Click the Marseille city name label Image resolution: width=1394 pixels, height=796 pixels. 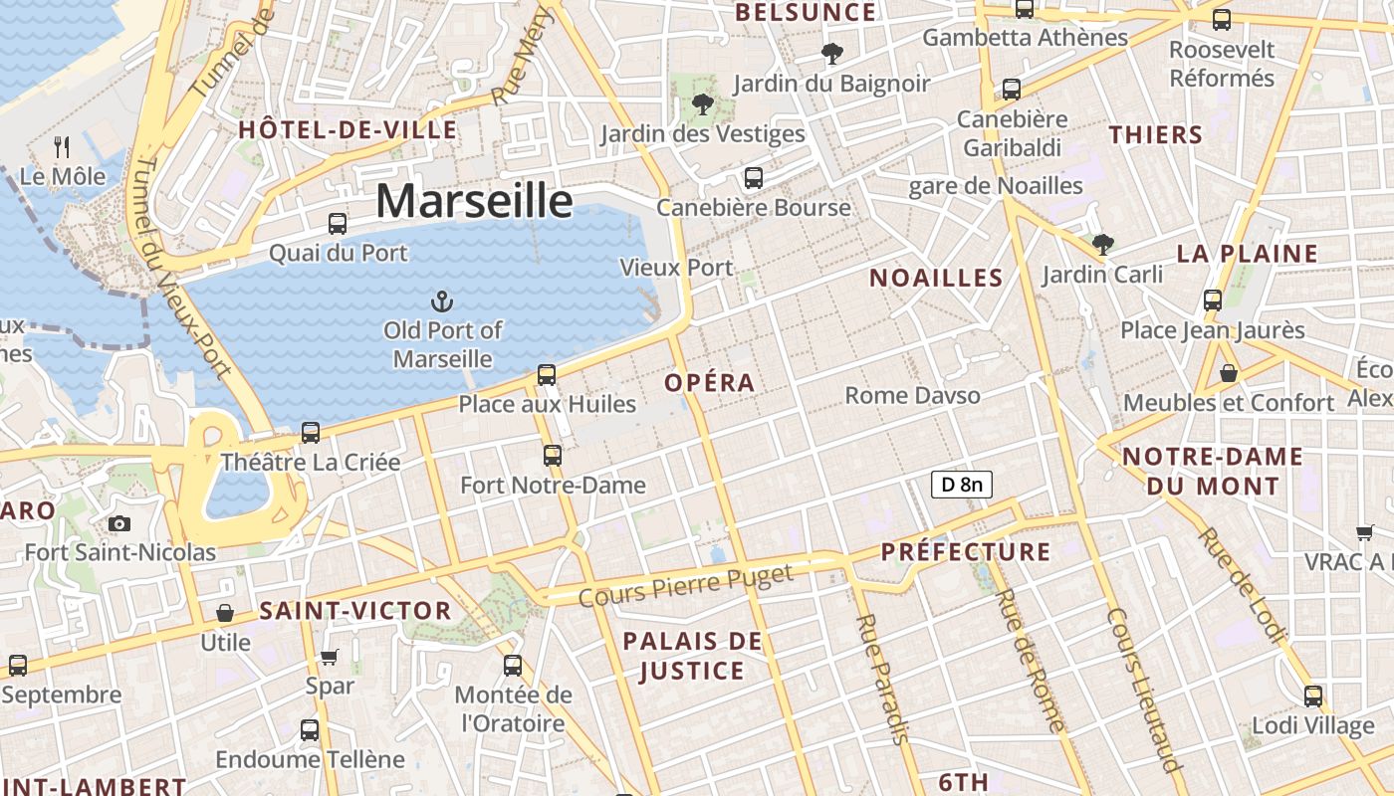click(474, 201)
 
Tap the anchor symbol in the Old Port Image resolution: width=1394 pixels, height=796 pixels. click(441, 300)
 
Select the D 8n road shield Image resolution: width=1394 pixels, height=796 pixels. click(961, 485)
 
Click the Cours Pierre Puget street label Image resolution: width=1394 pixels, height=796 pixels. click(685, 585)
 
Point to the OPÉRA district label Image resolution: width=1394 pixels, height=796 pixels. click(710, 383)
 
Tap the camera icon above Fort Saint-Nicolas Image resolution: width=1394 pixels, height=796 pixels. click(119, 523)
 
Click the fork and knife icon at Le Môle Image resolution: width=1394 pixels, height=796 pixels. click(62, 147)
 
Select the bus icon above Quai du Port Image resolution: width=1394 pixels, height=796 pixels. click(338, 224)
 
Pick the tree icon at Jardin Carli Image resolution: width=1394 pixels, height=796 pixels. click(1102, 244)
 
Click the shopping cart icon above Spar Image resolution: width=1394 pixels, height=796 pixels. click(329, 657)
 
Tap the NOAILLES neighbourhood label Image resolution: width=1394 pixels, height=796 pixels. click(936, 278)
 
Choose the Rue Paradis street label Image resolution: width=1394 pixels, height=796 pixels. click(882, 679)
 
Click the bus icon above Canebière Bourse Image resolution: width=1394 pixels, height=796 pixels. click(754, 178)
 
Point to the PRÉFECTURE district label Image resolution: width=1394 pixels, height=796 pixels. click(966, 552)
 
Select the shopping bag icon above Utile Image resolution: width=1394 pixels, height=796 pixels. click(225, 613)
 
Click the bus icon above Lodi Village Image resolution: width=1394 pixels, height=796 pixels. click(1313, 696)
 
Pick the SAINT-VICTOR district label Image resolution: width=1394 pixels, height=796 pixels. click(355, 611)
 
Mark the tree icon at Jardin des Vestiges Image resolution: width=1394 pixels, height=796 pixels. click(703, 103)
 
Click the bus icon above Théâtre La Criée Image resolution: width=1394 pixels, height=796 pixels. click(311, 433)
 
